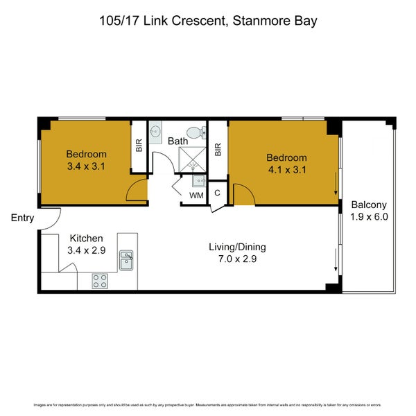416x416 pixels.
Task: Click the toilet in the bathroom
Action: click(x=196, y=132)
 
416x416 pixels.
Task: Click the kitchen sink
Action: click(x=126, y=260)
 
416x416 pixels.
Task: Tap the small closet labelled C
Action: click(x=217, y=193)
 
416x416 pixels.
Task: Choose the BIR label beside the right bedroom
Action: click(x=218, y=148)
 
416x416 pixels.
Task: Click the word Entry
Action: click(x=22, y=218)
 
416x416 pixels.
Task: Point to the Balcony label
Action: click(x=369, y=205)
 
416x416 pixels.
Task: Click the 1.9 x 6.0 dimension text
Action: click(x=369, y=217)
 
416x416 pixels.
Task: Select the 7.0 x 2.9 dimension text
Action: click(x=238, y=259)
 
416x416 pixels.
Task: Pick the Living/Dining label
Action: click(x=238, y=247)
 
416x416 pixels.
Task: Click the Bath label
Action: click(x=178, y=141)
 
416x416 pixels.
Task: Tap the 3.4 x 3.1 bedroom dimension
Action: click(x=87, y=166)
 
